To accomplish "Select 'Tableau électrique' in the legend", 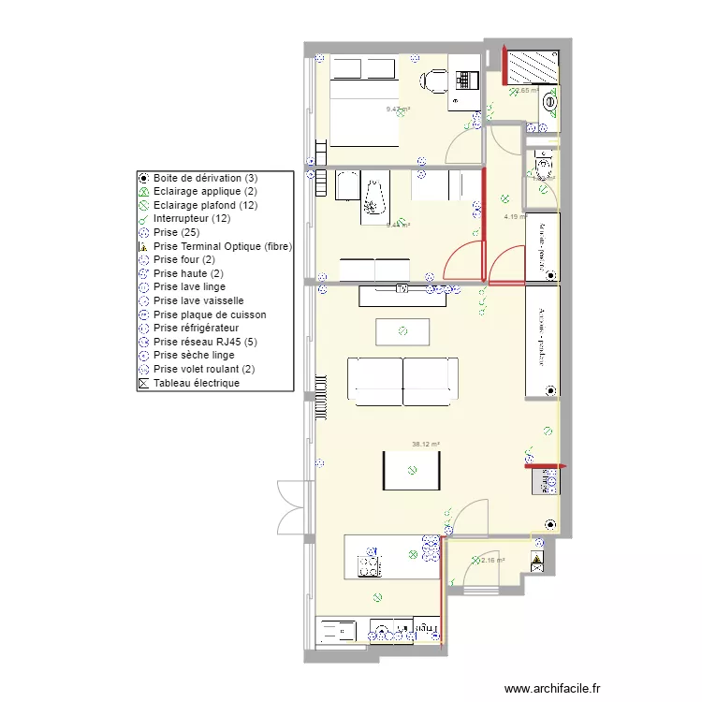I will [x=197, y=383].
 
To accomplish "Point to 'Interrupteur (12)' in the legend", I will [x=191, y=218].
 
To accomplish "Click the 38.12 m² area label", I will [x=425, y=445].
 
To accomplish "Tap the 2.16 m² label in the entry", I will [x=492, y=561].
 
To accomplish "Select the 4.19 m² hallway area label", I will [x=516, y=216].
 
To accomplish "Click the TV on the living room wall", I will [x=403, y=290].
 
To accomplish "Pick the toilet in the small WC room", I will [x=543, y=167].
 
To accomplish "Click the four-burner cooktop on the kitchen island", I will [x=368, y=564].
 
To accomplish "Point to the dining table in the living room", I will [x=412, y=470].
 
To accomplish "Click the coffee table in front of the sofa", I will [x=402, y=331].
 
